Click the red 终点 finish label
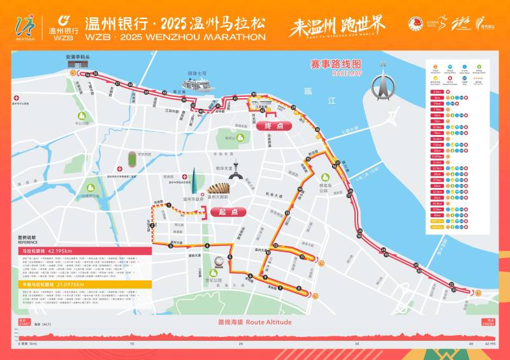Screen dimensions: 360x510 coord(273,126)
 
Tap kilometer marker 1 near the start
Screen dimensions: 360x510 coord(170,205)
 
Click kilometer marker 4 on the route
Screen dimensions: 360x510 coord(207,245)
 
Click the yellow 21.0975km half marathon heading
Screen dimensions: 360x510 coord(54,285)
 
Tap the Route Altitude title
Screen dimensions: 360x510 coord(255,322)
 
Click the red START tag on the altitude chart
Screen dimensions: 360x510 coord(24,322)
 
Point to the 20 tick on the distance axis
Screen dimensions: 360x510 coord(240,343)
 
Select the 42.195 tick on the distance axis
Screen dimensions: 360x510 coord(488,343)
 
